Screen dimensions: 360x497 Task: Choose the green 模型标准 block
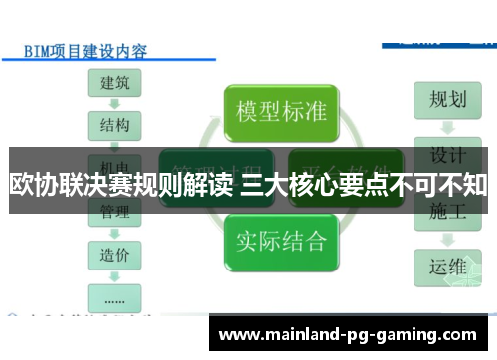pyautogui.click(x=281, y=108)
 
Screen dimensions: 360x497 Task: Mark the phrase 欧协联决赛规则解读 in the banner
pyautogui.click(x=122, y=184)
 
